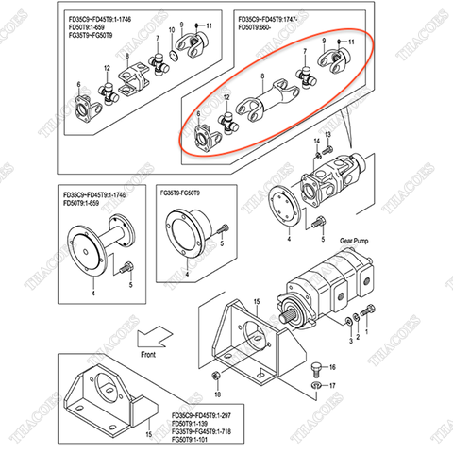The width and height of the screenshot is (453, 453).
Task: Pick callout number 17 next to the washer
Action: click(x=331, y=386)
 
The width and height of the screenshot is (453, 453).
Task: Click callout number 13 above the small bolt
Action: click(x=327, y=136)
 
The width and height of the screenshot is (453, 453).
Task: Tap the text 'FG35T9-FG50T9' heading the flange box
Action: click(x=189, y=193)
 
